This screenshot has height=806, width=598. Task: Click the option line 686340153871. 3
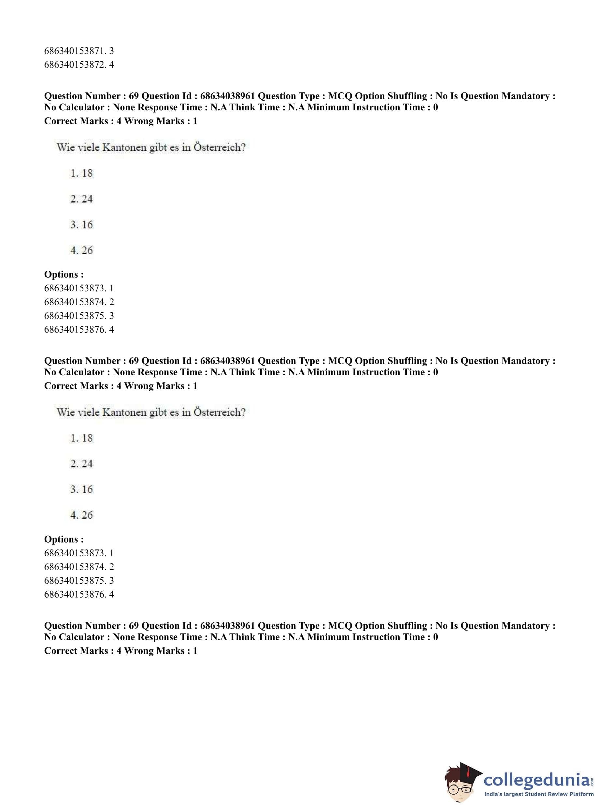[79, 51]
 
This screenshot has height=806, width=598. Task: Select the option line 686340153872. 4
[79, 64]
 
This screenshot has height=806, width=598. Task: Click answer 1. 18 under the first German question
[81, 173]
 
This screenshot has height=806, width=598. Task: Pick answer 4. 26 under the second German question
[81, 515]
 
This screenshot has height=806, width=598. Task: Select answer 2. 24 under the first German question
[81, 199]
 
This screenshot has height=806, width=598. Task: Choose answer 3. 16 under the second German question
[81, 489]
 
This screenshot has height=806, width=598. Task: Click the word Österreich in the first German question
[219, 147]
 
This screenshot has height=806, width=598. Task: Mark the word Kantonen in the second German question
[124, 412]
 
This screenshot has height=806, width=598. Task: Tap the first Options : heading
[64, 274]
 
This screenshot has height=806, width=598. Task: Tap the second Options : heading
[64, 539]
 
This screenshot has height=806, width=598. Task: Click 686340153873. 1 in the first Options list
[79, 288]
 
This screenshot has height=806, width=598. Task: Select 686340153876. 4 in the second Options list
[79, 594]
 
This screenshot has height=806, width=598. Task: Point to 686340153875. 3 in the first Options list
[79, 315]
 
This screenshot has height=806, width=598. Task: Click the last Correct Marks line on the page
[121, 650]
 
